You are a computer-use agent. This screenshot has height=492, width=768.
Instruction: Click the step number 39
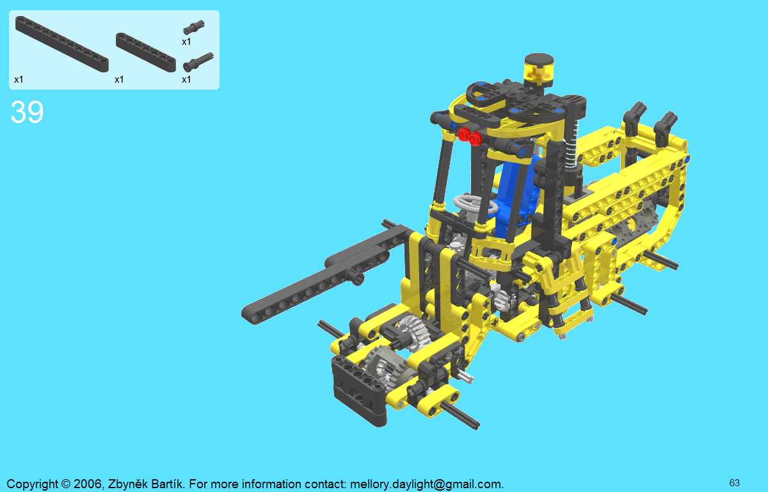pyautogui.click(x=27, y=112)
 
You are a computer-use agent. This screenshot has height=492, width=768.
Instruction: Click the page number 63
pyautogui.click(x=735, y=483)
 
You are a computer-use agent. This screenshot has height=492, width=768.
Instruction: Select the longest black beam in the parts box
pyautogui.click(x=62, y=44)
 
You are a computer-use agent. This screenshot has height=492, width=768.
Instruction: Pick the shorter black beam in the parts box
pyautogui.click(x=146, y=53)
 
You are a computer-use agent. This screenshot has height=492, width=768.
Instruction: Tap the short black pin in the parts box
pyautogui.click(x=194, y=27)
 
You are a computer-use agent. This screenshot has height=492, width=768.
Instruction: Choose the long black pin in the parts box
pyautogui.click(x=198, y=61)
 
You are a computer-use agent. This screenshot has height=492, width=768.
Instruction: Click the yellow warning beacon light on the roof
pyautogui.click(x=539, y=69)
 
